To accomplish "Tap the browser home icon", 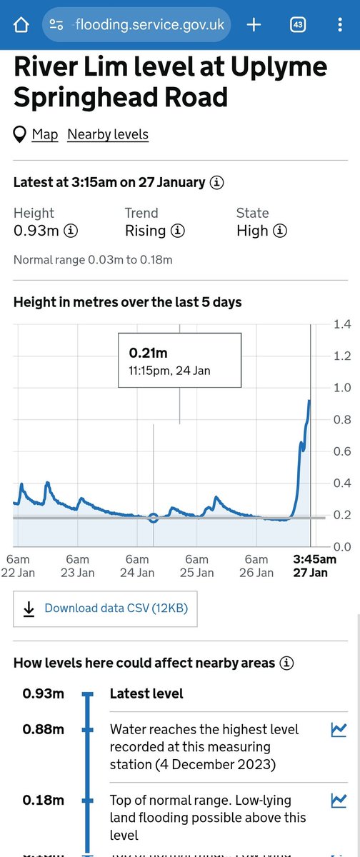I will (x=21, y=25).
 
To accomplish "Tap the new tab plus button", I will (x=254, y=25).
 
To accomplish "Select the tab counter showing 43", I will (x=298, y=25).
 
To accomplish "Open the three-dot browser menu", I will (x=339, y=25).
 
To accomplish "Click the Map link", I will (x=45, y=134).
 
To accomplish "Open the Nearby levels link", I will (x=108, y=134).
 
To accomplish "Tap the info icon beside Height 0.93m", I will (x=71, y=231).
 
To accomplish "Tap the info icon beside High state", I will (x=281, y=231).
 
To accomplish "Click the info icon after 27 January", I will (x=216, y=182).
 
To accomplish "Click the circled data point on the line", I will (x=153, y=517).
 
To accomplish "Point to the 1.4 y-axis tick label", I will (x=342, y=324).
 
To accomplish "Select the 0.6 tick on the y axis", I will (x=342, y=451).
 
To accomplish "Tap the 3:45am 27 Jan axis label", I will (x=314, y=566).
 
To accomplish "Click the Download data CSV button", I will (x=105, y=608).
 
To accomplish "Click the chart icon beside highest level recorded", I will (x=339, y=730).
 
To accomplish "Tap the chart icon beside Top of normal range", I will (x=339, y=801).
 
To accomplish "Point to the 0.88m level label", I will (x=43, y=729).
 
